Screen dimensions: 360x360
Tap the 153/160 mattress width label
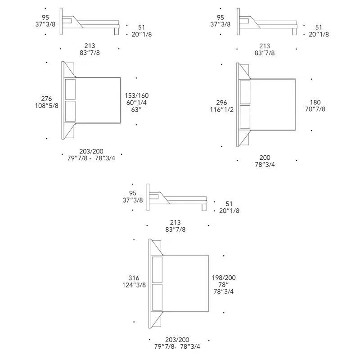[137, 95]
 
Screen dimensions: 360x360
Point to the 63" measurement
[137, 109]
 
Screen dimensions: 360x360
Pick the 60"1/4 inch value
[137, 103]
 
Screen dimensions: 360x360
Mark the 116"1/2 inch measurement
[222, 109]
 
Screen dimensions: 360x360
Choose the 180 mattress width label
[315, 102]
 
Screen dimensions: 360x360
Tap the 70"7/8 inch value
[315, 109]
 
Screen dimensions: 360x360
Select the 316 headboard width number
[134, 278]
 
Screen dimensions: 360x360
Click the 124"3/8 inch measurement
[134, 285]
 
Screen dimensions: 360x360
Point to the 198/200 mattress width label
[224, 278]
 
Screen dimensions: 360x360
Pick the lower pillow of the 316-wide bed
[157, 297]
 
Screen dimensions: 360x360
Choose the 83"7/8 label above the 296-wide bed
[265, 53]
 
